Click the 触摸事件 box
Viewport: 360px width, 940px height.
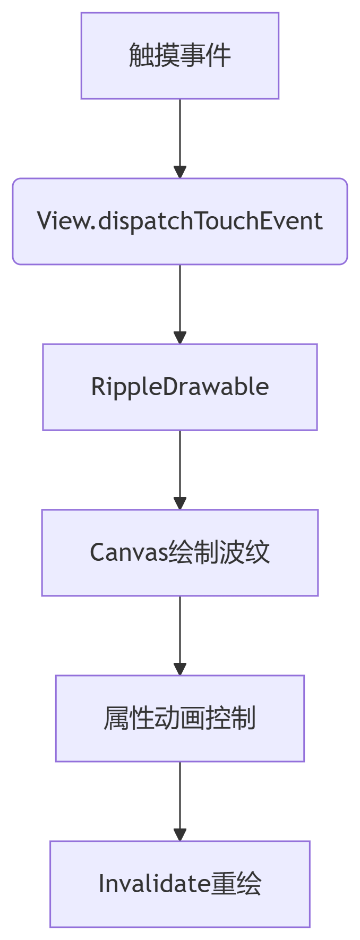(179, 56)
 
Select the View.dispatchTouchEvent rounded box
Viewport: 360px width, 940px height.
(179, 221)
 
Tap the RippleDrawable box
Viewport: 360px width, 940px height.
(179, 387)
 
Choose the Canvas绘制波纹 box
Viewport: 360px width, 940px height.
(179, 553)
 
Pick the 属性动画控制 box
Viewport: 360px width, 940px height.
(179, 719)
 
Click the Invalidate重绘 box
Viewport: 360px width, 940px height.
(179, 884)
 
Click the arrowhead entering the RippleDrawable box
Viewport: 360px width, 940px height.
(180, 338)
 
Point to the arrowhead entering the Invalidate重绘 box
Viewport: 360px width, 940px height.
(180, 835)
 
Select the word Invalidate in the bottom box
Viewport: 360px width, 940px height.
(154, 884)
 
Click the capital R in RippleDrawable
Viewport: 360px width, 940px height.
(98, 387)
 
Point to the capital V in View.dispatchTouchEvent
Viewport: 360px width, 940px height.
(44, 221)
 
